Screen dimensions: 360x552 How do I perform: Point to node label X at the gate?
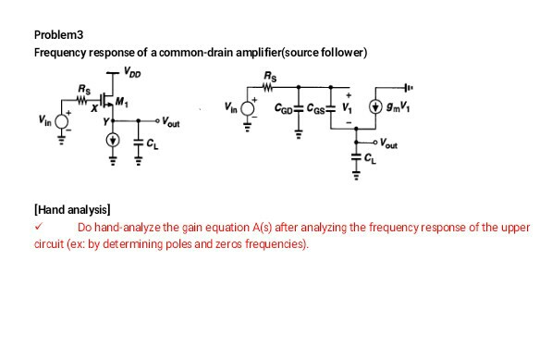click(x=94, y=108)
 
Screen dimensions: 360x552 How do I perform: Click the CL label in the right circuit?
click(x=370, y=166)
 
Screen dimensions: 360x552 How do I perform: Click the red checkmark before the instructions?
click(x=38, y=225)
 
